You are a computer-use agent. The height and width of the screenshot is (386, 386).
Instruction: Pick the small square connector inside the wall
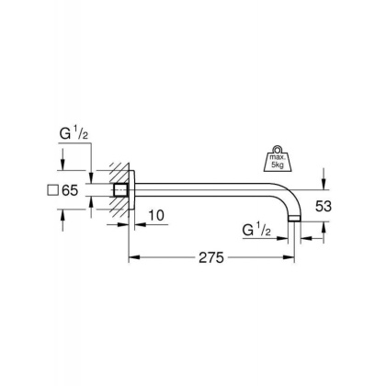[119, 191]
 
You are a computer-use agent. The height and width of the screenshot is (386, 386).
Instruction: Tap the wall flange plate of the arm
[131, 191]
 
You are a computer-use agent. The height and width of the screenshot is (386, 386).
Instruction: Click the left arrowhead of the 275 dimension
[130, 258]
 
